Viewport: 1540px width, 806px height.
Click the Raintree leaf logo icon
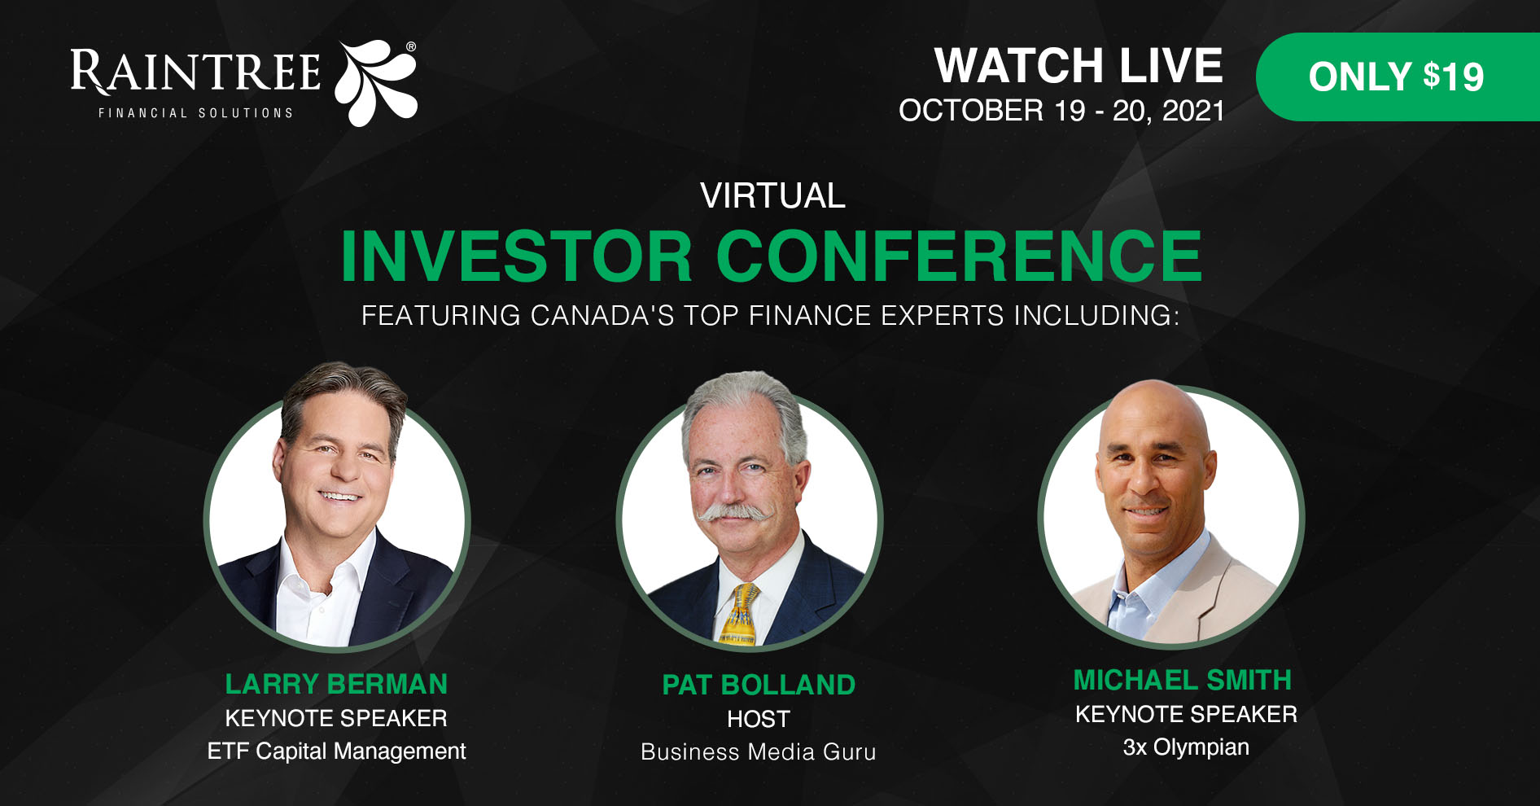(376, 82)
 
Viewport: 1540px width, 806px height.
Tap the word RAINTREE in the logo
(195, 71)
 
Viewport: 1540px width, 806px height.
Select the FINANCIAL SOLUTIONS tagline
(195, 113)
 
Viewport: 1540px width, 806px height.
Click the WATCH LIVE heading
(1078, 65)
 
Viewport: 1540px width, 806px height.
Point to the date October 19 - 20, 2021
(1061, 111)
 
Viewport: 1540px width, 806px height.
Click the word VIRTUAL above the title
(772, 195)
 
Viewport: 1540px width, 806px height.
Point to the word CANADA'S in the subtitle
(602, 315)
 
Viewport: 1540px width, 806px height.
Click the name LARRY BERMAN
(336, 684)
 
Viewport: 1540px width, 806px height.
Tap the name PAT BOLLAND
(759, 685)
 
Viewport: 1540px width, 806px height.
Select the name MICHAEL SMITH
(1183, 680)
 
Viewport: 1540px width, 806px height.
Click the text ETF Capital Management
(336, 751)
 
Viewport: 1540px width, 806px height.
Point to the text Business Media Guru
(759, 751)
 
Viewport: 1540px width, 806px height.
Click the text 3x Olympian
(1186, 747)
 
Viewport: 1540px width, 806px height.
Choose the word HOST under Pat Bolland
(759, 719)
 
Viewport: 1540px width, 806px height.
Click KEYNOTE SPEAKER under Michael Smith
(1186, 714)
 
